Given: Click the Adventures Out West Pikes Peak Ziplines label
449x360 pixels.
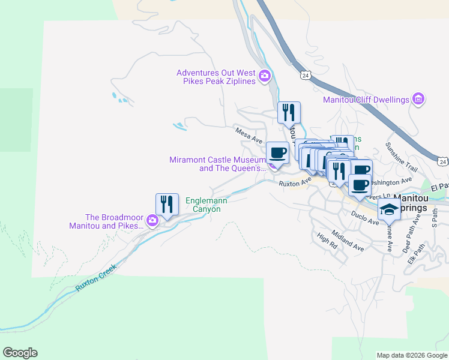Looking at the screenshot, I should (x=215, y=77).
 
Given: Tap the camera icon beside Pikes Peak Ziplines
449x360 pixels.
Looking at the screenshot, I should (x=265, y=76).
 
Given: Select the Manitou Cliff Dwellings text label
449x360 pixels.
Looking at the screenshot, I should (x=366, y=100).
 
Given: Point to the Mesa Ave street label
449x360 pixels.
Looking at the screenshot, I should (x=249, y=135).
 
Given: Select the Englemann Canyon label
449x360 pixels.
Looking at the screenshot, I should (x=203, y=205).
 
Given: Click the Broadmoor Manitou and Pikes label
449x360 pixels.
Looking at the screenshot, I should (x=107, y=221).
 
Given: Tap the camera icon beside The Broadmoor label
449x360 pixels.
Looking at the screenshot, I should (x=152, y=220).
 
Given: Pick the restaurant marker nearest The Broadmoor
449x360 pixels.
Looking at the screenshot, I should (x=167, y=204).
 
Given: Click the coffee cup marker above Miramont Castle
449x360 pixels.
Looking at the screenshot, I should (x=277, y=152).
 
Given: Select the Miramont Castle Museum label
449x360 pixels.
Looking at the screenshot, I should (x=217, y=164).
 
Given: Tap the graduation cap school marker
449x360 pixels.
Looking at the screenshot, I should (x=389, y=209).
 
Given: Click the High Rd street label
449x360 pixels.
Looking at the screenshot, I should (x=328, y=241).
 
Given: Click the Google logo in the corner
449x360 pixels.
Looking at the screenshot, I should (x=20, y=353).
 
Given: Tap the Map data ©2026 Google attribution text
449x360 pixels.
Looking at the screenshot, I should (x=411, y=355).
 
